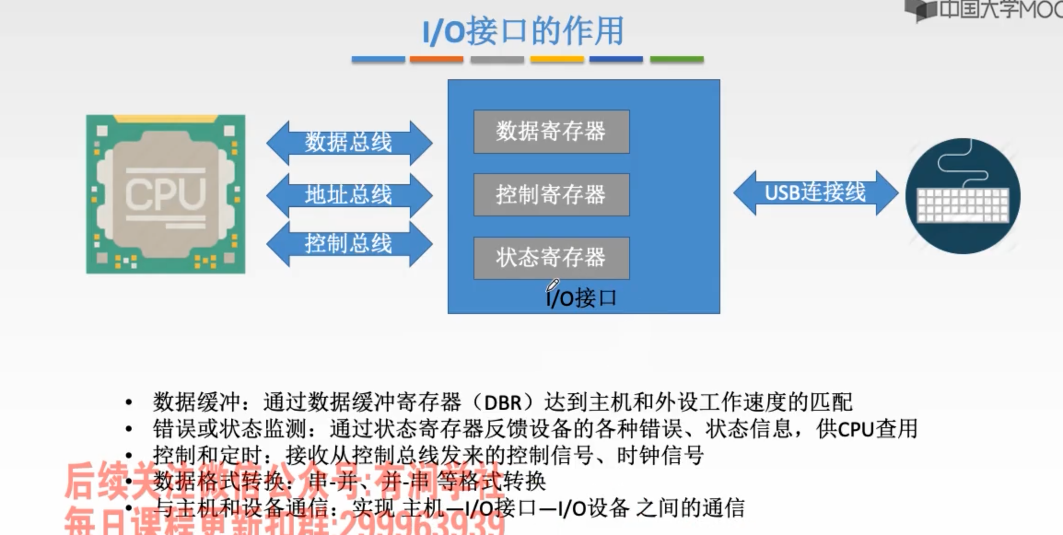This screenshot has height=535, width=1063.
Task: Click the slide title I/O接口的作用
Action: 523,31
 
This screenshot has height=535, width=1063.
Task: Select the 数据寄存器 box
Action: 551,131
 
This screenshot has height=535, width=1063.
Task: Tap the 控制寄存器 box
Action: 551,195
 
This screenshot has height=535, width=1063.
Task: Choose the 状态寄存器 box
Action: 551,258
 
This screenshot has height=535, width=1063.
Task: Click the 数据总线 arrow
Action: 349,142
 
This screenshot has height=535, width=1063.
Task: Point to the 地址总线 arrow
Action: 349,195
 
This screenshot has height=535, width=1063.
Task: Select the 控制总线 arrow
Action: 349,244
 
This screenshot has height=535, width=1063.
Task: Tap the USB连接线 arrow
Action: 815,192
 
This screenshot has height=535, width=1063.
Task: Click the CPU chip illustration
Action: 166,194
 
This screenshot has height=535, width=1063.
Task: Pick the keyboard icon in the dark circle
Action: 963,203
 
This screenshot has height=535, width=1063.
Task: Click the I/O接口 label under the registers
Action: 581,298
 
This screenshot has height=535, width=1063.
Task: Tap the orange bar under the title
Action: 436,59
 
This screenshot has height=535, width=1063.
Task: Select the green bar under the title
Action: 677,59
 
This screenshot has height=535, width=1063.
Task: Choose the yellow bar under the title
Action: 557,59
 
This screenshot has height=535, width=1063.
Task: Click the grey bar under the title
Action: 497,59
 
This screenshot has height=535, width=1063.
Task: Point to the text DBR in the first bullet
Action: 502,403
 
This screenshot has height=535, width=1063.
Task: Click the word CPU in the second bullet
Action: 856,430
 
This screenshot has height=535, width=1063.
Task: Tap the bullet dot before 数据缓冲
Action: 129,403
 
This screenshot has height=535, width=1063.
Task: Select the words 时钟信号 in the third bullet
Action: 660,456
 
